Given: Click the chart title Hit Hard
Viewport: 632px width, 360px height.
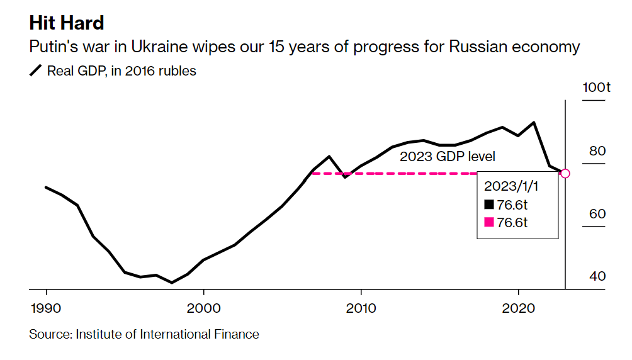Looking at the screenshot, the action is click(x=67, y=23).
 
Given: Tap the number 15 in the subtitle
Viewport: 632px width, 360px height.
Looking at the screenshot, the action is click(x=276, y=47).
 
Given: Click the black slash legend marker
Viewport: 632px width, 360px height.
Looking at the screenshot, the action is click(x=35, y=70).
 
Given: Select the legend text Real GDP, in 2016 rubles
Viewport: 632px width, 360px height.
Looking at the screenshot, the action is click(x=121, y=71).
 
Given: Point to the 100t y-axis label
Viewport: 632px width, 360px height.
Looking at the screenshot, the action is click(x=596, y=87).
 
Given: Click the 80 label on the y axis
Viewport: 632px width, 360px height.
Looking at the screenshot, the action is click(x=597, y=151).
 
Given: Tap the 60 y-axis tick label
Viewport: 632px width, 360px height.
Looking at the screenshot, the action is click(x=597, y=213).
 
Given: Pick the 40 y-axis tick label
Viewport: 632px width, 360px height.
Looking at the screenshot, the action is click(x=597, y=276).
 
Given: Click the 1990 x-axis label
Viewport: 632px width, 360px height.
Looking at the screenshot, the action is click(x=46, y=308).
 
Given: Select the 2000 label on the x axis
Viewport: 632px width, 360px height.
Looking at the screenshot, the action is click(x=203, y=308).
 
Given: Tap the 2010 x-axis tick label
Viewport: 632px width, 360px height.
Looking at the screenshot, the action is click(x=361, y=308).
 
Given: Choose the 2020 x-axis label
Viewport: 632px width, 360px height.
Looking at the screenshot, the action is click(x=518, y=308).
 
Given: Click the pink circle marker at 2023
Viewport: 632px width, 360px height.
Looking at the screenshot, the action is click(x=565, y=173).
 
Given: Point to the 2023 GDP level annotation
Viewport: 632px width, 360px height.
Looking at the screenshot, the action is click(x=448, y=157).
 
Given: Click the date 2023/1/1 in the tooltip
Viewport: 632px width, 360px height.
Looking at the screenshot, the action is click(x=511, y=186).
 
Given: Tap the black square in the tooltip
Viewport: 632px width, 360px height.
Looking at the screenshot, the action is click(x=489, y=205).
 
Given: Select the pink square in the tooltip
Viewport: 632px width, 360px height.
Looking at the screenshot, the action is click(x=489, y=222).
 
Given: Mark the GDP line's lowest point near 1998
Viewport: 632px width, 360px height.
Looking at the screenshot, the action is click(x=172, y=283).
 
